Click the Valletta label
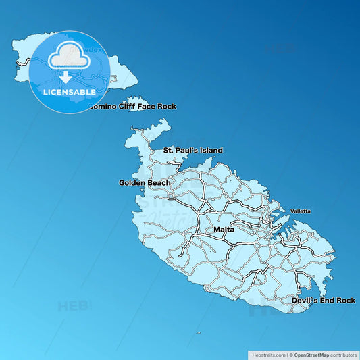click(x=301, y=211)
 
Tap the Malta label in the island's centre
click(x=224, y=230)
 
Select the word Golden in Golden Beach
click(x=132, y=183)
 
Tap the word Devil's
click(x=305, y=300)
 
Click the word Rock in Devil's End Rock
click(x=345, y=300)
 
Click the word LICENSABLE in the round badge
click(x=70, y=91)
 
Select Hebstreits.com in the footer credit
click(x=268, y=354)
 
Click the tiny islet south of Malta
click(x=198, y=332)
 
